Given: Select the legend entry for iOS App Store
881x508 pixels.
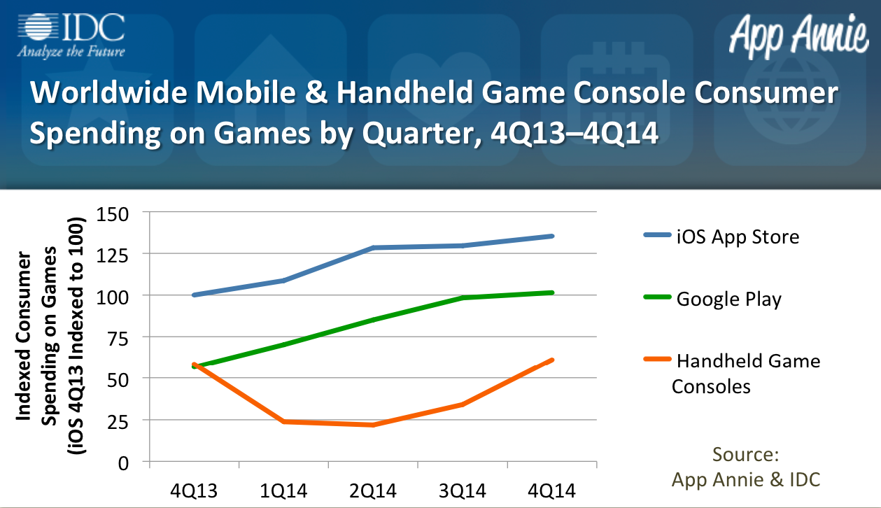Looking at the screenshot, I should pyautogui.click(x=720, y=237).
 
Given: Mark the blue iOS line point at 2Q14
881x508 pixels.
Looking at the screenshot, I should pyautogui.click(x=373, y=248).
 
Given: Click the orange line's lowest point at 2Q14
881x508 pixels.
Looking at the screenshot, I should pyautogui.click(x=373, y=425).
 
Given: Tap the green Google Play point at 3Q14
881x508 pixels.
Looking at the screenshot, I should pyautogui.click(x=463, y=298).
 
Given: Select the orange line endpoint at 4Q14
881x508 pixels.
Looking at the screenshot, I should pyautogui.click(x=552, y=360).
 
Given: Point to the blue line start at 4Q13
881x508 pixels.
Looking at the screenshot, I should pyautogui.click(x=194, y=295).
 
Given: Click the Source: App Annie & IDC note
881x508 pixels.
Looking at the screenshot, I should pyautogui.click(x=745, y=467).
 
